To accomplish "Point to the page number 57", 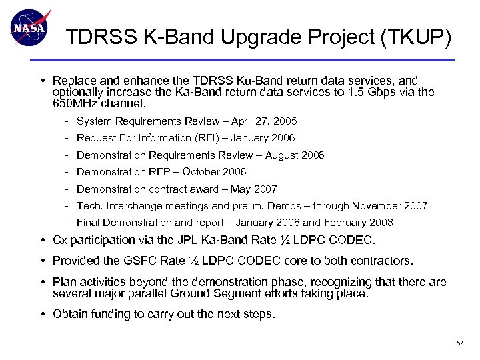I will click(x=459, y=343).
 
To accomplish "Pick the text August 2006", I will click(x=295, y=155).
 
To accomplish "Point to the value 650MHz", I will click(x=75, y=104).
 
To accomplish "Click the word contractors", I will click(x=380, y=260).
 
